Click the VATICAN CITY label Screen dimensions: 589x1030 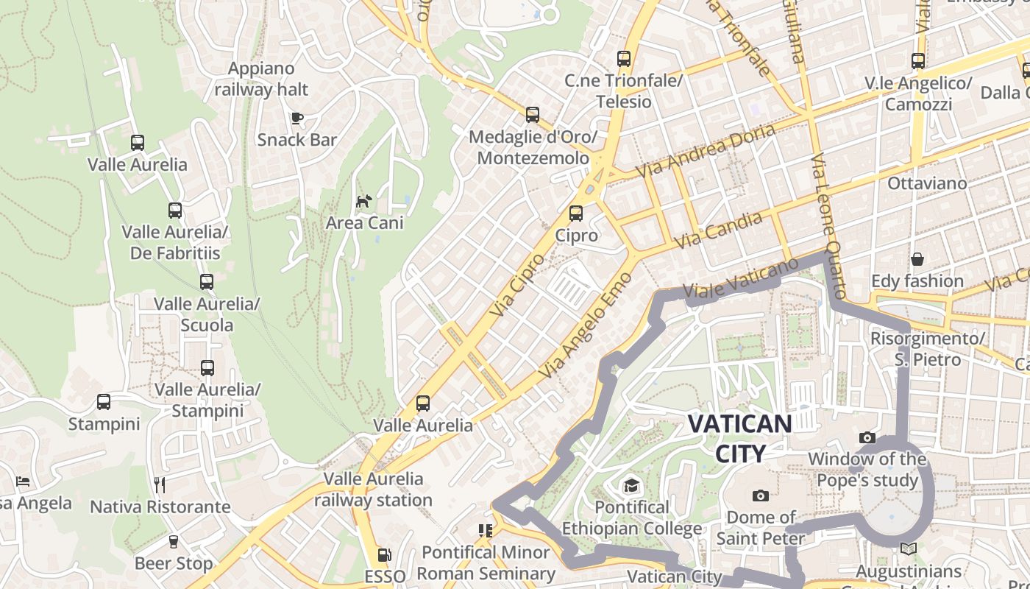pos(740,438)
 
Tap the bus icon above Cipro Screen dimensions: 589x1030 pos(576,214)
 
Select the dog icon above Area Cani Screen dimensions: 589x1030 pos(364,200)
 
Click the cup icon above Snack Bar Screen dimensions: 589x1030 pos(297,118)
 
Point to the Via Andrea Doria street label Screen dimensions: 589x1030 pos(706,150)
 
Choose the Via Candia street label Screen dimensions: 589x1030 pos(718,230)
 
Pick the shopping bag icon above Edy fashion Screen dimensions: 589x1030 pos(917,259)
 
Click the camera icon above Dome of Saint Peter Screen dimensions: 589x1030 pos(761,495)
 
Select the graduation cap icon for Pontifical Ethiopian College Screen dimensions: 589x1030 pos(631,485)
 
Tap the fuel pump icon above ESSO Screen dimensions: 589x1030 pos(384,554)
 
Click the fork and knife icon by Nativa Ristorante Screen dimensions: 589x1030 pos(160,484)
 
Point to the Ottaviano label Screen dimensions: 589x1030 pos(928,183)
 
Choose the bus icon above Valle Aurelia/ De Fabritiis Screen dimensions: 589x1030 pos(175,211)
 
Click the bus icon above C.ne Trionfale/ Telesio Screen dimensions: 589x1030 pos(624,58)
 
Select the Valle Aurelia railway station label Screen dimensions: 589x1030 pos(374,489)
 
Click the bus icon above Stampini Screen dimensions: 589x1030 pos(104,402)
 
